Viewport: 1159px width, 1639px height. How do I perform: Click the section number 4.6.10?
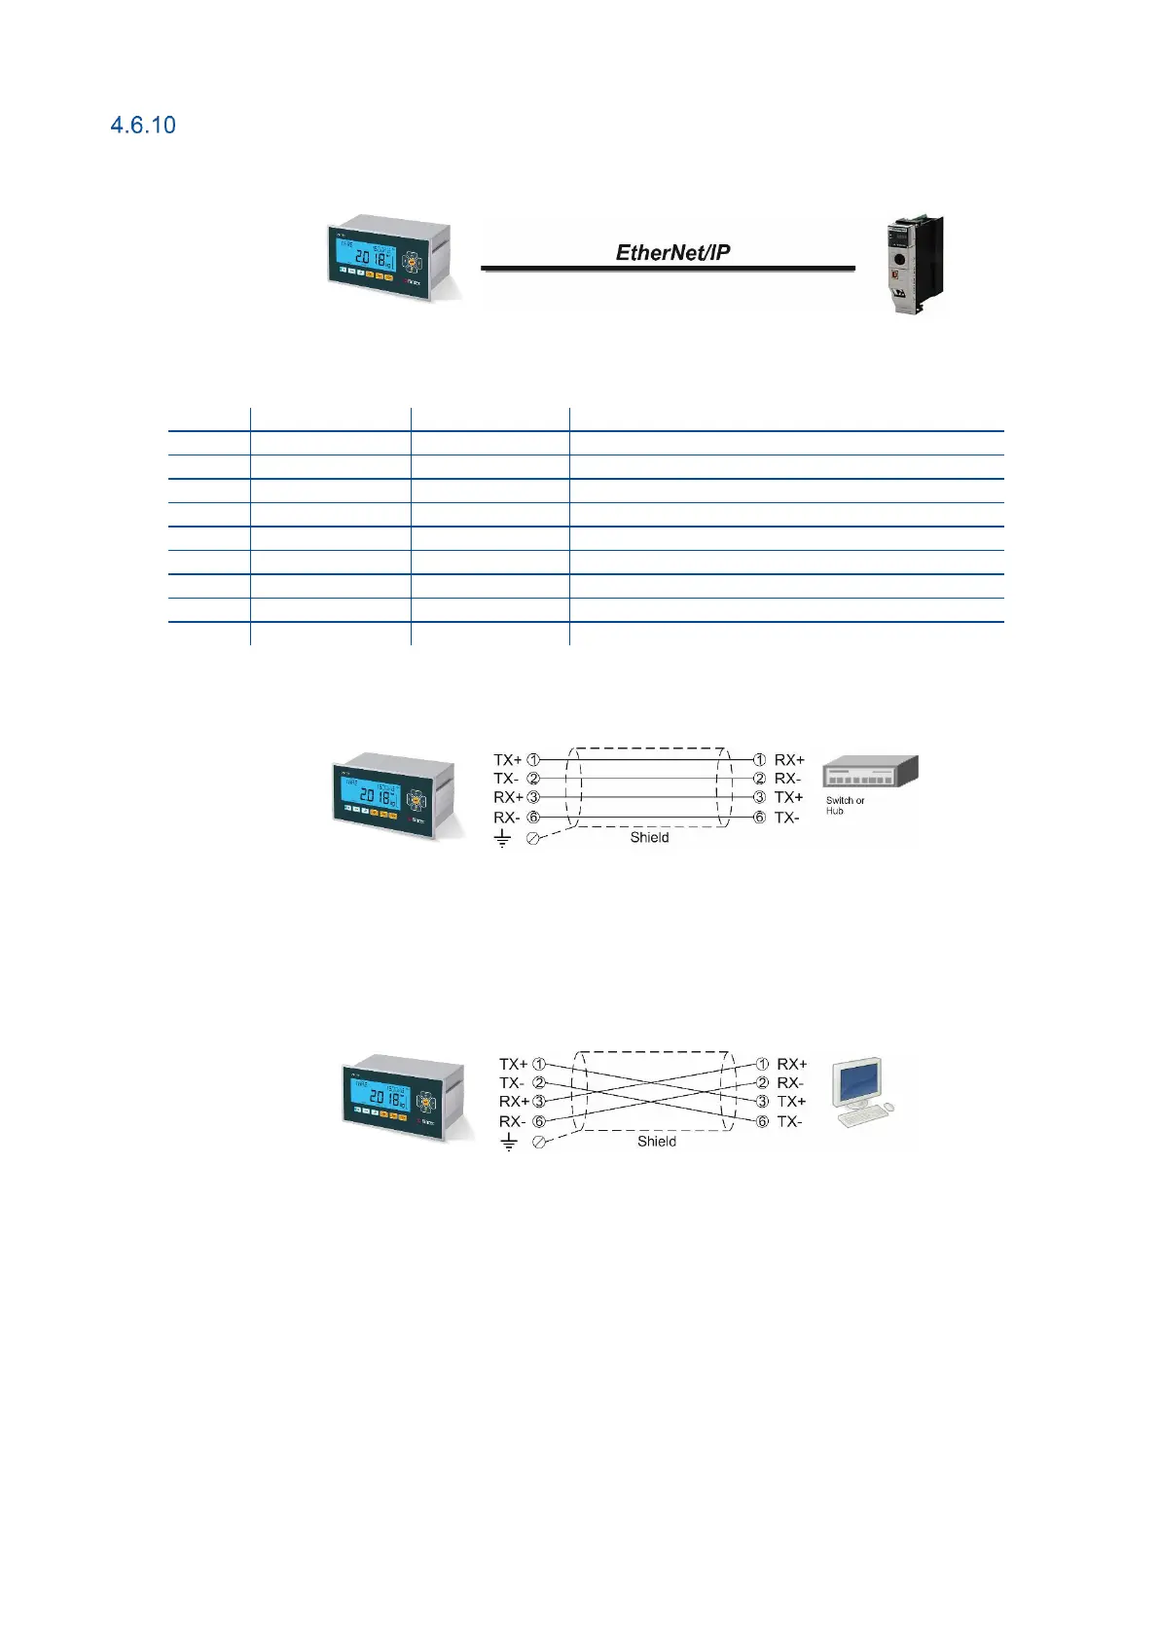[x=143, y=125]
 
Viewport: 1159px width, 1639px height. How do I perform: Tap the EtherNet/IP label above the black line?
[x=672, y=252]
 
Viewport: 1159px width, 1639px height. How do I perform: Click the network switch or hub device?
[x=869, y=773]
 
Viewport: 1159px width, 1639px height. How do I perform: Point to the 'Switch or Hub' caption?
[x=844, y=805]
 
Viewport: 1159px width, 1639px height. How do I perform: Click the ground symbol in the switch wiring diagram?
[x=502, y=838]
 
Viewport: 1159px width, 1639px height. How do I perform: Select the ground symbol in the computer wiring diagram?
[x=508, y=1143]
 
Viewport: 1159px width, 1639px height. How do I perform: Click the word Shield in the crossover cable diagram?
[x=657, y=1141]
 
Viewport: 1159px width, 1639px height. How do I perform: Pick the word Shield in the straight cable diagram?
[x=649, y=837]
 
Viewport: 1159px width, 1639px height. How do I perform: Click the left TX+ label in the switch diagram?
[x=507, y=759]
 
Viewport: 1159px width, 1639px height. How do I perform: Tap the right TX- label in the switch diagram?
[x=786, y=818]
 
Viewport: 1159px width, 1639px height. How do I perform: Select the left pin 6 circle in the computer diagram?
[x=539, y=1121]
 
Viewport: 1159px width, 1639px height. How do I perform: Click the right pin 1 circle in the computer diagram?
[x=762, y=1064]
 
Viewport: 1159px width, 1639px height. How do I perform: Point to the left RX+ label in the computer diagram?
[x=514, y=1102]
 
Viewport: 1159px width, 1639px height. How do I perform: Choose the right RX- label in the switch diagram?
[x=787, y=779]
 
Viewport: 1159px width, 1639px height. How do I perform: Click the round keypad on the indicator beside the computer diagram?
[x=426, y=1102]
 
